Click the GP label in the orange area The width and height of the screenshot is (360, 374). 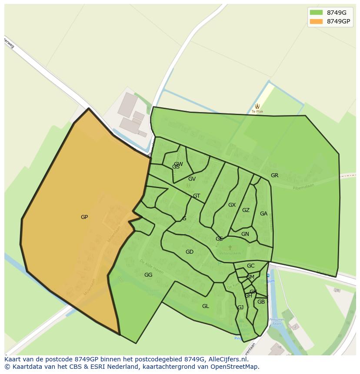(84, 217)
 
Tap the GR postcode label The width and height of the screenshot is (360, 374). (274, 175)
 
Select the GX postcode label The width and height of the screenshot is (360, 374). (232, 205)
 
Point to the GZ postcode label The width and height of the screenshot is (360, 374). (246, 210)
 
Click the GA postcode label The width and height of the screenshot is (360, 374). (263, 214)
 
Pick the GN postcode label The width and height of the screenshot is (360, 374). (245, 234)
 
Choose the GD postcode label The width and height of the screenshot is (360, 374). (190, 252)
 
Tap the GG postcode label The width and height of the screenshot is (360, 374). (148, 275)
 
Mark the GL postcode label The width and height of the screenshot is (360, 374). (206, 306)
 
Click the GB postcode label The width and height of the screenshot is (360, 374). (261, 302)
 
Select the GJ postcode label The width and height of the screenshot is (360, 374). (240, 308)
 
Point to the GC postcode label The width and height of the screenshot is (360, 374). (250, 266)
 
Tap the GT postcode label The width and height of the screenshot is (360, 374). (197, 196)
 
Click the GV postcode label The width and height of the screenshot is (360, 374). (192, 179)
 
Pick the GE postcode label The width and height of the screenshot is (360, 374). (219, 239)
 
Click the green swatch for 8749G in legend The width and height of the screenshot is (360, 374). (316, 13)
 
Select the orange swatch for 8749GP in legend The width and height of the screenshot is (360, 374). (316, 22)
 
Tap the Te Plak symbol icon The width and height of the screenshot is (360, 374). (257, 106)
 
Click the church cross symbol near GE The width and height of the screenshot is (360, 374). (230, 248)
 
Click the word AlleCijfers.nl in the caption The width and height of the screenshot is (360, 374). (227, 360)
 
